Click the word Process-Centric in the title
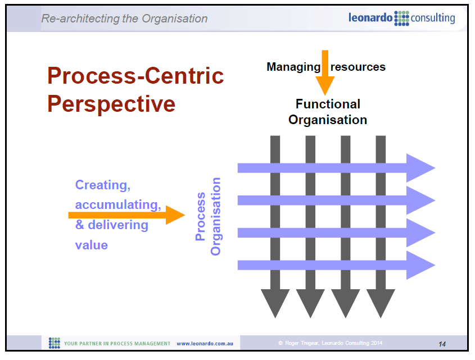pyautogui.click(x=135, y=76)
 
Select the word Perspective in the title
pyautogui.click(x=111, y=104)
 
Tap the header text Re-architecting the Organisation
pyautogui.click(x=124, y=19)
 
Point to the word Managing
pyautogui.click(x=293, y=67)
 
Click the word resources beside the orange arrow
pyautogui.click(x=358, y=67)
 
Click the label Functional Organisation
pyautogui.click(x=328, y=112)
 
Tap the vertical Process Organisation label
pyautogui.click(x=208, y=217)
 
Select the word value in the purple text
pyautogui.click(x=92, y=245)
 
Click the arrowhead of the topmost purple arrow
pyautogui.click(x=422, y=167)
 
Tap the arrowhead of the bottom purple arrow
pyautogui.click(x=422, y=265)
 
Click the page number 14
pyautogui.click(x=442, y=343)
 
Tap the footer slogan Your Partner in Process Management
pyautogui.click(x=117, y=343)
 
